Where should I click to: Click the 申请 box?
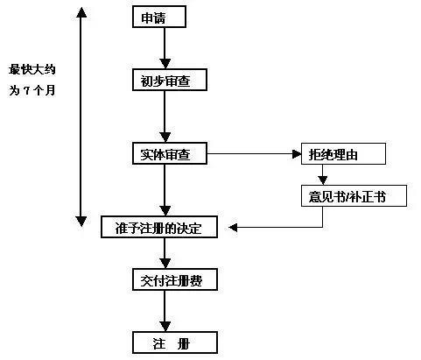[x=159, y=17]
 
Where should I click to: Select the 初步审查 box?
[x=170, y=80]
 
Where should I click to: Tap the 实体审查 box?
[x=170, y=153]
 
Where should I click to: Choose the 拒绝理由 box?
[x=343, y=153]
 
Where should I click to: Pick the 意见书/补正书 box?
[x=354, y=195]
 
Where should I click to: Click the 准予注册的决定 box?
[x=159, y=227]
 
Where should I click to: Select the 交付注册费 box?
[x=175, y=279]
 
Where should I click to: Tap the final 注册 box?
[x=175, y=342]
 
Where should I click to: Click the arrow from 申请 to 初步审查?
[x=165, y=48]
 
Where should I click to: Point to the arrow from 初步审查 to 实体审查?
[x=165, y=116]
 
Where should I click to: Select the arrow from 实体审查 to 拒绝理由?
[x=254, y=153]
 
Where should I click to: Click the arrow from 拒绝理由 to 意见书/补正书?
[x=323, y=174]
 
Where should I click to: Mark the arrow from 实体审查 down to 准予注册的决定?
[x=165, y=190]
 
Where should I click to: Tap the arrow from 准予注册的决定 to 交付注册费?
[x=165, y=253]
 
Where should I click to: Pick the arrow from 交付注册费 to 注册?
[x=165, y=311]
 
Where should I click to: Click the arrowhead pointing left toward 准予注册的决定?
[x=233, y=227]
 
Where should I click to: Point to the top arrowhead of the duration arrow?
[x=81, y=12]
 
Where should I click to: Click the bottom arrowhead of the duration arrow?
[x=81, y=222]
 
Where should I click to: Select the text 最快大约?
[x=32, y=69]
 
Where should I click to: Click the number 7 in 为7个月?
[x=26, y=91]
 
